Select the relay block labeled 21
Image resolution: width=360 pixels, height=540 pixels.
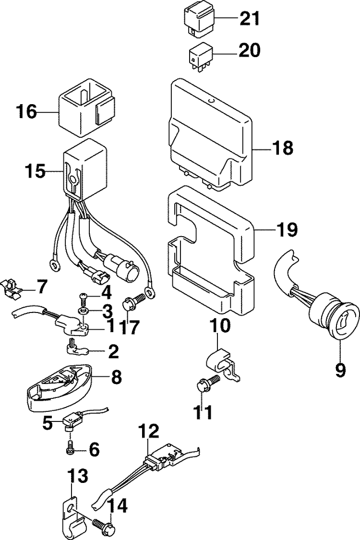[198, 20]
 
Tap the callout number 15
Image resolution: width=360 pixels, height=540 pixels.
[36, 171]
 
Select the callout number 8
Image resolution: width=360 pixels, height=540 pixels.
[115, 377]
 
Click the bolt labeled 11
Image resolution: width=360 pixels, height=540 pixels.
[208, 382]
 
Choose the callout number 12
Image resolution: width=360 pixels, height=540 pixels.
[149, 431]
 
